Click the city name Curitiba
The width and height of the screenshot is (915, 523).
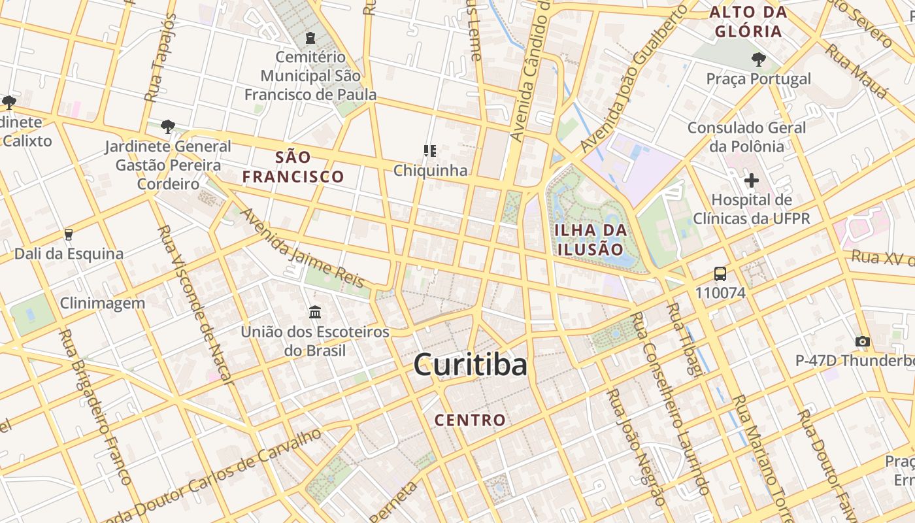[x=470, y=365]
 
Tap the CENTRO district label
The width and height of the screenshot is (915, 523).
[x=470, y=420]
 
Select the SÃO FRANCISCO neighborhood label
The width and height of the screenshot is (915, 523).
[x=293, y=167]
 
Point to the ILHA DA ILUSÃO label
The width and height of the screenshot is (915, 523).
[x=590, y=239]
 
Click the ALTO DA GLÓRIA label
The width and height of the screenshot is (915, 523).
[x=748, y=22]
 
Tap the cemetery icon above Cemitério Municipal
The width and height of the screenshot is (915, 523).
[x=310, y=39]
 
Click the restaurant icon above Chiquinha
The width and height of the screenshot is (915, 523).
[x=430, y=152]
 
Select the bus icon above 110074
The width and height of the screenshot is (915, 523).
[x=720, y=274]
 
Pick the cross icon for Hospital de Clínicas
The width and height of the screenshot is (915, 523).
[x=752, y=180]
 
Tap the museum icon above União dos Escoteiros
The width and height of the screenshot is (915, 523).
[x=315, y=312]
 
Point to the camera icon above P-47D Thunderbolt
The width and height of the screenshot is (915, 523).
[x=863, y=341]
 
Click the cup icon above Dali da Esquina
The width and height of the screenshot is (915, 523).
[x=69, y=235]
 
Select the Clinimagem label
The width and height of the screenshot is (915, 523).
[x=102, y=303]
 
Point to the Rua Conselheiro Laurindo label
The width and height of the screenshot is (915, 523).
[x=671, y=402]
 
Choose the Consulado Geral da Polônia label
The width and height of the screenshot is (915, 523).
[x=746, y=137]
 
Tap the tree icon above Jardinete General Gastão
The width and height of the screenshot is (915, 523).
[x=168, y=126]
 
